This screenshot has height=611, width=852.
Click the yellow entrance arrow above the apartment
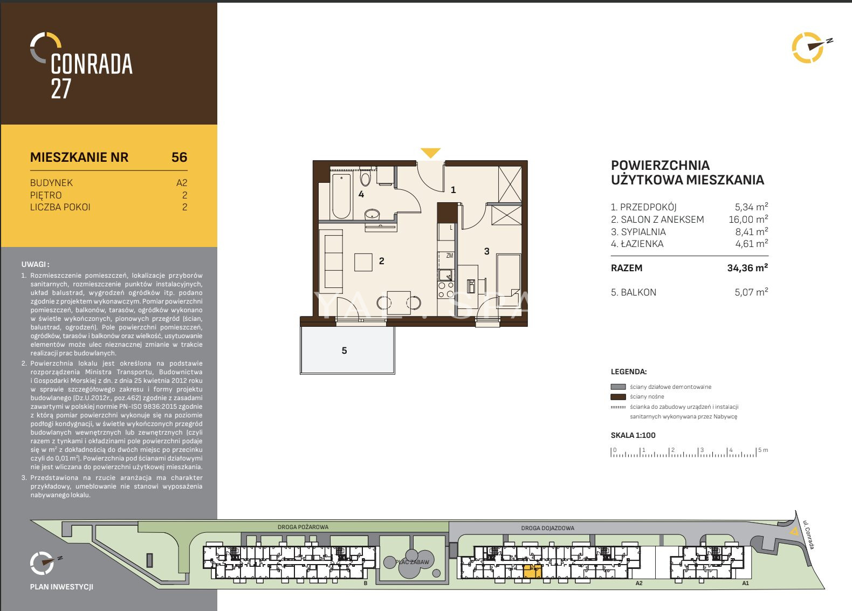click(430, 153)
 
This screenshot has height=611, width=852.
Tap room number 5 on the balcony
click(344, 351)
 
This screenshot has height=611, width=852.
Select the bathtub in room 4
click(341, 196)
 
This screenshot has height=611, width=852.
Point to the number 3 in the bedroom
click(486, 251)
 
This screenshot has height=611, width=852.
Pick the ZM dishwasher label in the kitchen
click(450, 256)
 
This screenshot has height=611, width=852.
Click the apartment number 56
click(180, 157)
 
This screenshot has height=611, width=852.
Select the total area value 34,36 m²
click(747, 267)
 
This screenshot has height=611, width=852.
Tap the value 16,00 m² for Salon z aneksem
click(748, 219)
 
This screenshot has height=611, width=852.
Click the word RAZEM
click(627, 268)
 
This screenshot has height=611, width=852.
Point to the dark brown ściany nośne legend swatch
click(618, 397)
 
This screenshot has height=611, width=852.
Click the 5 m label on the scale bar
click(763, 450)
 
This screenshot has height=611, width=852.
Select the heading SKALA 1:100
click(633, 435)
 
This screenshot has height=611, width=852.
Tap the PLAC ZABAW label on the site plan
click(412, 562)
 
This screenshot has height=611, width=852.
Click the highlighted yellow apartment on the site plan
click(533, 572)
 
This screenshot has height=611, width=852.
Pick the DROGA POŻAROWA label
click(303, 527)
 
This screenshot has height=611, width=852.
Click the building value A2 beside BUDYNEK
click(182, 183)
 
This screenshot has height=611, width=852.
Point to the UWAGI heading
click(36, 264)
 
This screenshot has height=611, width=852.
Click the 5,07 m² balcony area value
click(751, 292)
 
